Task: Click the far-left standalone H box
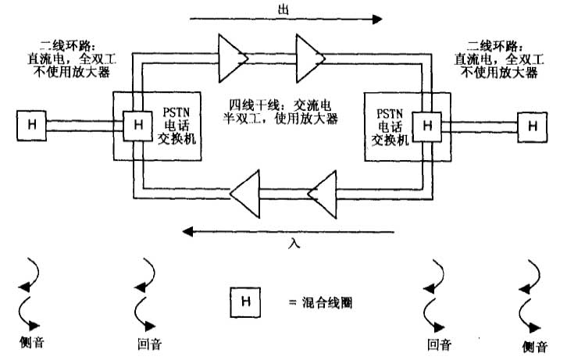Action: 32,123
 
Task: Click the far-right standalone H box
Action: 532,123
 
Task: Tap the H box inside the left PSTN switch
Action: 137,123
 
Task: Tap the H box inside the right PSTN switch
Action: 426,123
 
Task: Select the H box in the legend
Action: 244,301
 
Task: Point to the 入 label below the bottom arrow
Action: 294,244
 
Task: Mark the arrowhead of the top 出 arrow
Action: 376,18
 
